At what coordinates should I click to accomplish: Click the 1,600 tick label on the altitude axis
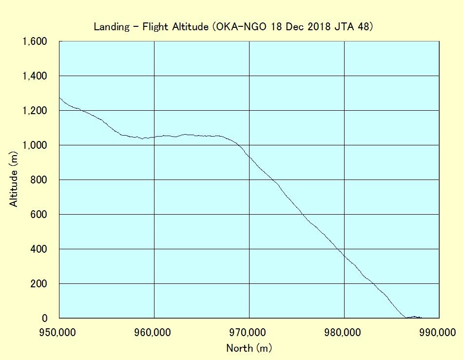point(35,41)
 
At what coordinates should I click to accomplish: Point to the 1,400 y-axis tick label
point(35,76)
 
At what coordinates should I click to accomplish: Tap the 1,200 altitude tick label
point(35,111)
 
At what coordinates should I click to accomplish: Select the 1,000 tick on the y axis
point(35,145)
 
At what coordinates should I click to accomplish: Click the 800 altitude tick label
point(39,180)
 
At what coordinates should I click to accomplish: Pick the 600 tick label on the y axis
point(39,214)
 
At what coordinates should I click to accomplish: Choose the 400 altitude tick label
point(39,249)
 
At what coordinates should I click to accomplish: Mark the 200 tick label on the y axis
point(39,283)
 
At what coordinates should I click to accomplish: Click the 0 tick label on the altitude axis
point(44,319)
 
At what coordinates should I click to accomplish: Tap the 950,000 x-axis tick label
point(58,333)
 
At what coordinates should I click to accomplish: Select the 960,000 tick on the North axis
point(153,333)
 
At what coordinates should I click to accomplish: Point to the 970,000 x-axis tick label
point(248,333)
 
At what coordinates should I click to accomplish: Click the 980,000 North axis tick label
point(343,333)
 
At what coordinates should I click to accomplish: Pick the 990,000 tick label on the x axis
point(438,333)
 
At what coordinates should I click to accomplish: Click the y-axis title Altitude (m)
point(14,179)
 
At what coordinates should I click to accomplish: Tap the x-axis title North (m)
point(249,348)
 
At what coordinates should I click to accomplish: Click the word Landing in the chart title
point(112,27)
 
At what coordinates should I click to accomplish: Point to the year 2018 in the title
point(319,27)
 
